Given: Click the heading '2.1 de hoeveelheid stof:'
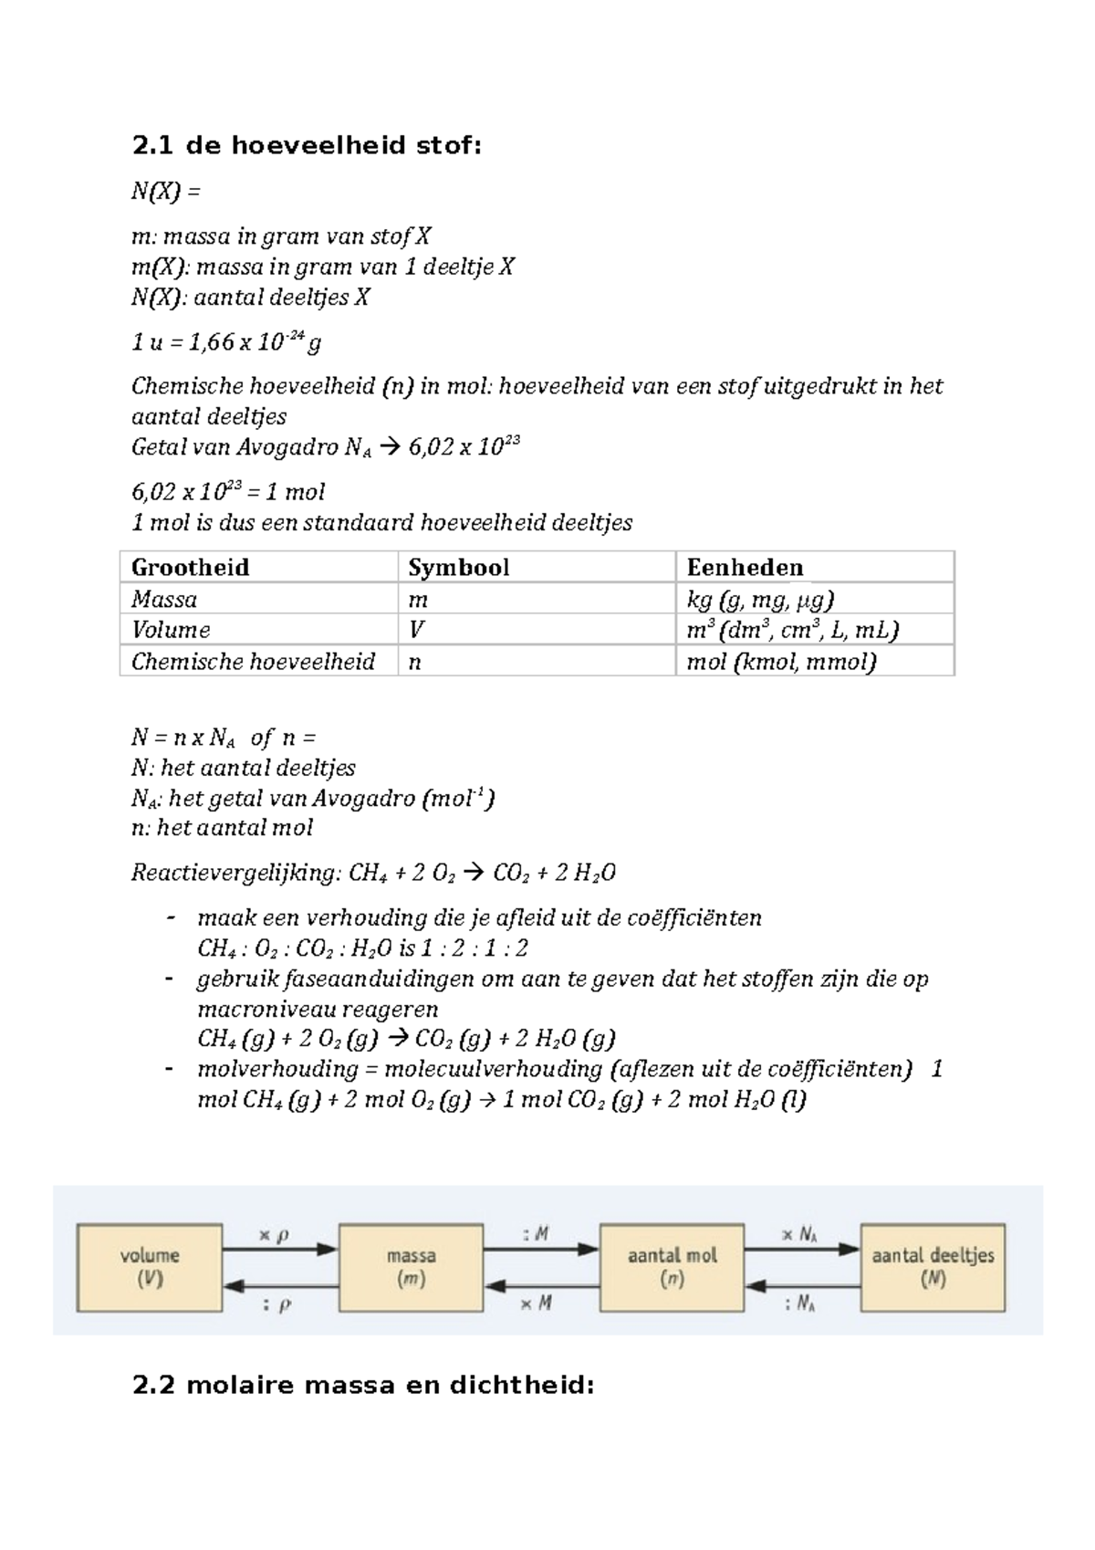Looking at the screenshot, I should pos(306,146).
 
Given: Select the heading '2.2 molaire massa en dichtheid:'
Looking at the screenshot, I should pos(363,1386).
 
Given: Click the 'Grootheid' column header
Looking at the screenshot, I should pos(190,568).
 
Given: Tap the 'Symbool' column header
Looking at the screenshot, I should pos(458,568).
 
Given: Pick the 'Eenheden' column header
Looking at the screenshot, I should pos(745,568).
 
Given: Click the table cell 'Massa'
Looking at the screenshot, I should pos(164,600).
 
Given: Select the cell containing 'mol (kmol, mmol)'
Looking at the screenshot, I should pos(781,662).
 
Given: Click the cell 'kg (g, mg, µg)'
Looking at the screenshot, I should pos(760,600).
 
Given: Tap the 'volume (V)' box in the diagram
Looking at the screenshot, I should pos(150,1268).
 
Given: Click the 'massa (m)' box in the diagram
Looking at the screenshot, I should pos(411,1268).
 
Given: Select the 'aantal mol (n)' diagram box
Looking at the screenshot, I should pos(672,1268).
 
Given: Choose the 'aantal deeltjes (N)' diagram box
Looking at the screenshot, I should pos(933,1268).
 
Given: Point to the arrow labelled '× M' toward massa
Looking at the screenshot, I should pos(541,1286).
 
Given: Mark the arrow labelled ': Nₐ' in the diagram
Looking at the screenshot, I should pos(802,1286).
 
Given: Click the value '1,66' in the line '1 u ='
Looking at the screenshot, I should pos(211,343).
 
